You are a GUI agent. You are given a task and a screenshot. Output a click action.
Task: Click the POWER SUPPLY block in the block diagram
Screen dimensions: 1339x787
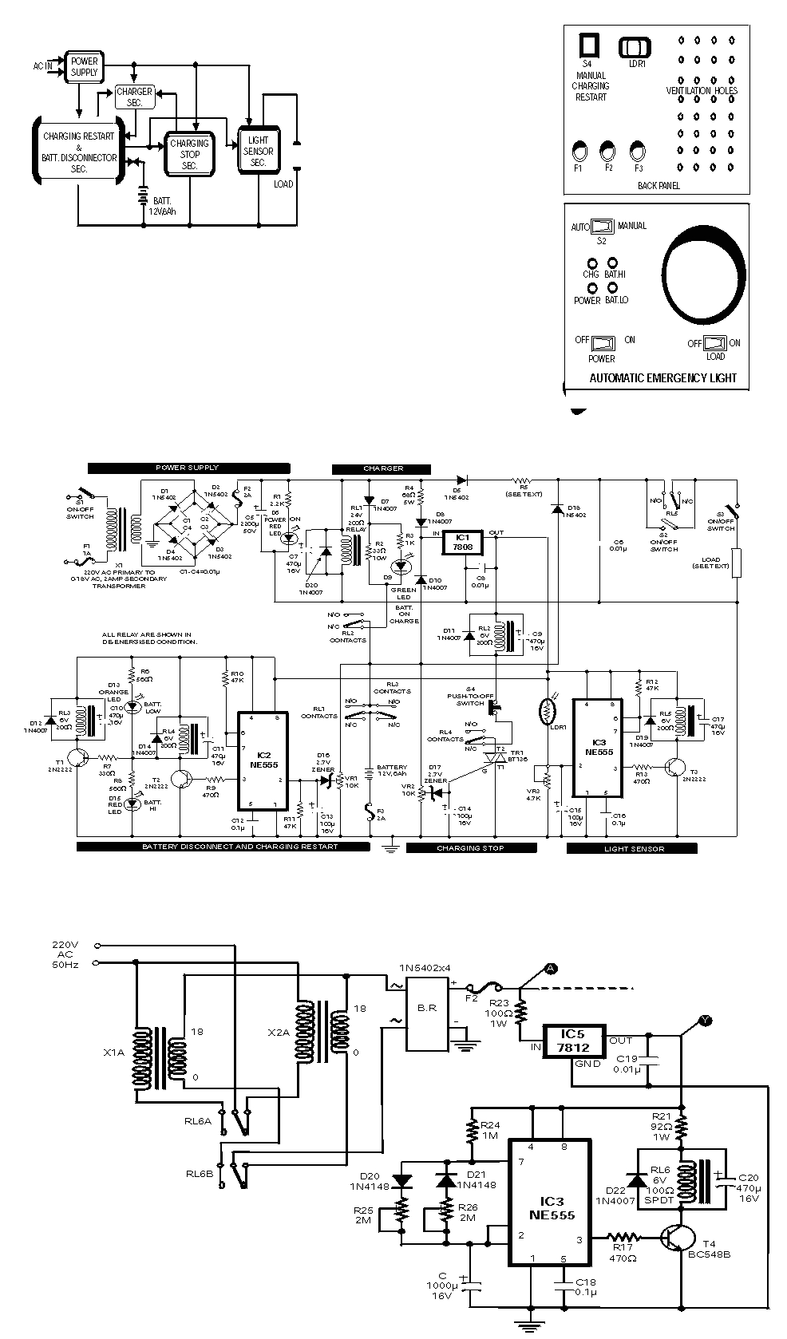(84, 66)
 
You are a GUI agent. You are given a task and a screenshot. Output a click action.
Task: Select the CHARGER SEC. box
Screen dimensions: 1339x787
(134, 97)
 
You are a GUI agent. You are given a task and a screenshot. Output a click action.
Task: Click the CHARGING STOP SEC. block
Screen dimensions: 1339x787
(189, 153)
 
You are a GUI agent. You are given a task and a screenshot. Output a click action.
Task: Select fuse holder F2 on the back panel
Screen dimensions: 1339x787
(608, 150)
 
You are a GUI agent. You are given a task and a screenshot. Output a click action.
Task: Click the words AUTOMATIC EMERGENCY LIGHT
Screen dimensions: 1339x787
(662, 377)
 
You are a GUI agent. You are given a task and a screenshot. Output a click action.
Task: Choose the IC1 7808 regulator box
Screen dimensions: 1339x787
(464, 541)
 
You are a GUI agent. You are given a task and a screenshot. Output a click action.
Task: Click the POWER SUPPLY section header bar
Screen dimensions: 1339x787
(188, 468)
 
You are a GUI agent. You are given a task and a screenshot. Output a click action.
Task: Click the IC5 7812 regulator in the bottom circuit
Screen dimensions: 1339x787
(572, 1041)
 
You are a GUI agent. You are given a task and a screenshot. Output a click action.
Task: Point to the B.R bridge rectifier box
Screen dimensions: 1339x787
(428, 1007)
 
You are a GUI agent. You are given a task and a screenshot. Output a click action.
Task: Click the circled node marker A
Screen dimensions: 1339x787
(550, 969)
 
